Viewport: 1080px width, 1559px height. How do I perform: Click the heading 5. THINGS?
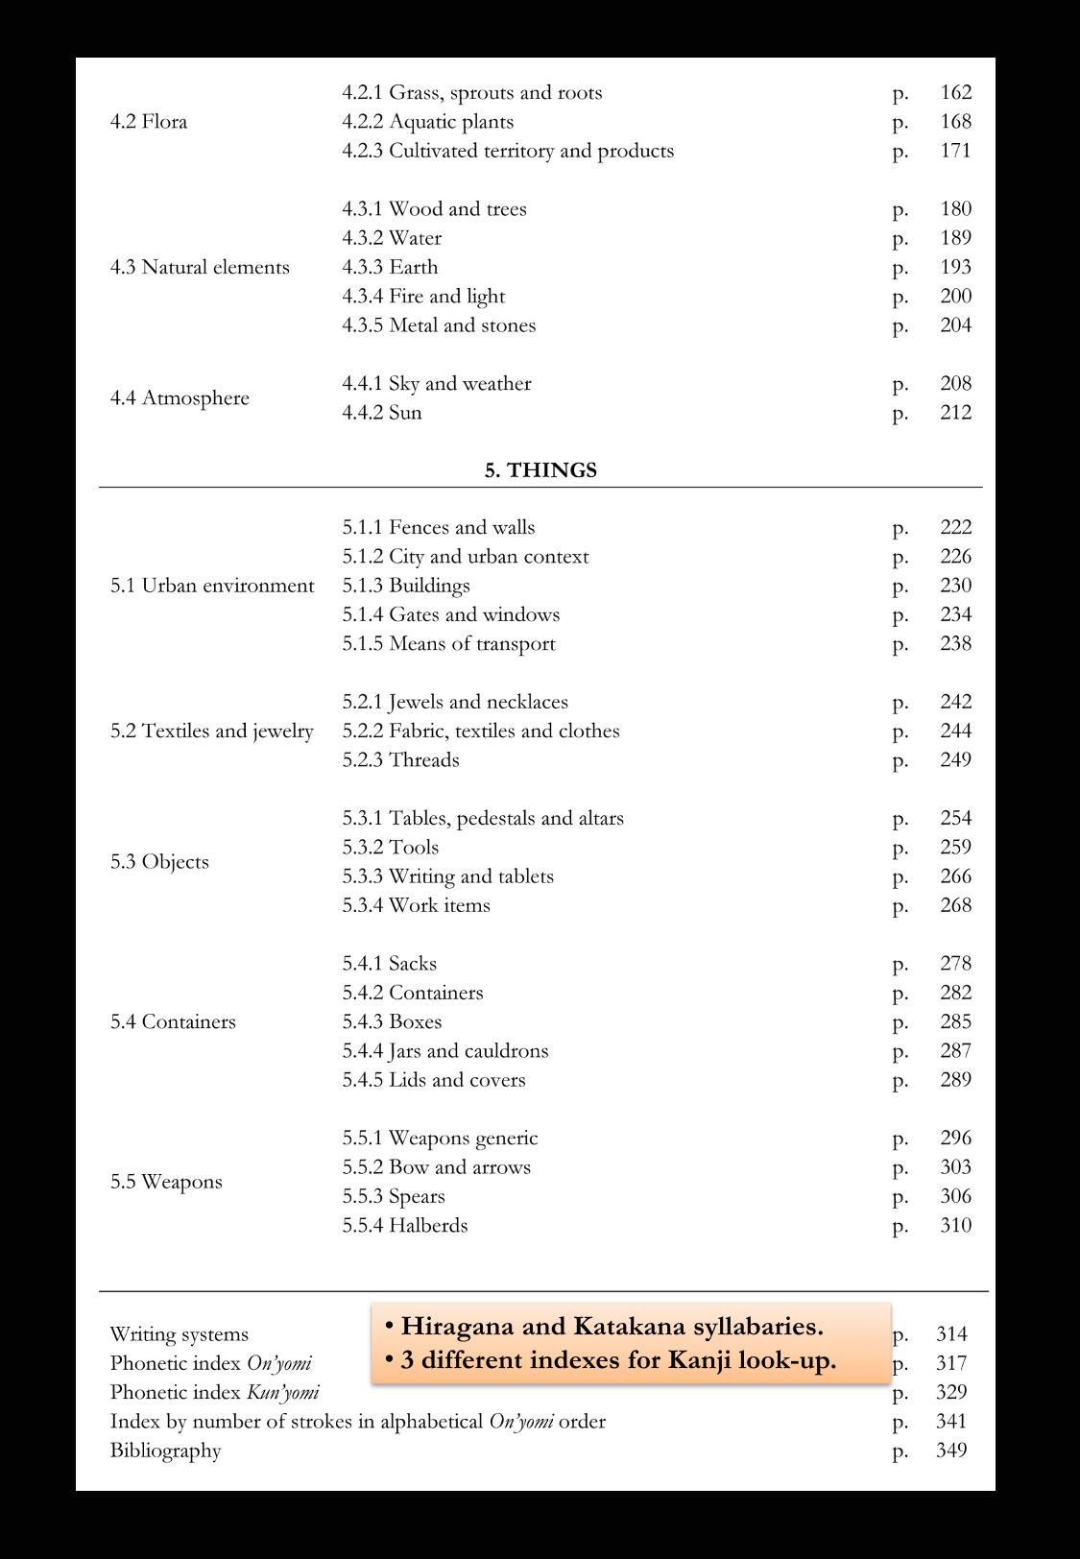[540, 469]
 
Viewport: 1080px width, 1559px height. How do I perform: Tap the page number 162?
[955, 92]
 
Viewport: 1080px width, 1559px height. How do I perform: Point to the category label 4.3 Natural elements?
[200, 267]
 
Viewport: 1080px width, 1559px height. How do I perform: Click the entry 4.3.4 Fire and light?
[423, 296]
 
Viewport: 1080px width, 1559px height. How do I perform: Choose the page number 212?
[955, 412]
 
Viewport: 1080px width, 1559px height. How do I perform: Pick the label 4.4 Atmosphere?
[180, 397]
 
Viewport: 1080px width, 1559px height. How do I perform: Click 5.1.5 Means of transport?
[448, 643]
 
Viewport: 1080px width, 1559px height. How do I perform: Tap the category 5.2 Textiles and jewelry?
[211, 731]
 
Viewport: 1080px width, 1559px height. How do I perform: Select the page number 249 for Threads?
[955, 759]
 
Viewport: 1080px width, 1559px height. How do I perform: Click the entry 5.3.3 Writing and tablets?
[447, 875]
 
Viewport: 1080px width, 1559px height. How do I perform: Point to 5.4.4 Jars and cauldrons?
[445, 1050]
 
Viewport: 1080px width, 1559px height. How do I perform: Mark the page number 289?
[955, 1079]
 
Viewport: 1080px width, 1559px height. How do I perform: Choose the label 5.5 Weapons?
[166, 1181]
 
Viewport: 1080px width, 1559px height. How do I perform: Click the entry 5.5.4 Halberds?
[405, 1225]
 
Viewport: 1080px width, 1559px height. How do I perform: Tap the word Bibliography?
[165, 1450]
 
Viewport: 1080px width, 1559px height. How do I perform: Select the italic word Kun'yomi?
[282, 1392]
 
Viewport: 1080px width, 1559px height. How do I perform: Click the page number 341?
[951, 1421]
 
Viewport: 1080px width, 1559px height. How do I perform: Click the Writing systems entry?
[179, 1333]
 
